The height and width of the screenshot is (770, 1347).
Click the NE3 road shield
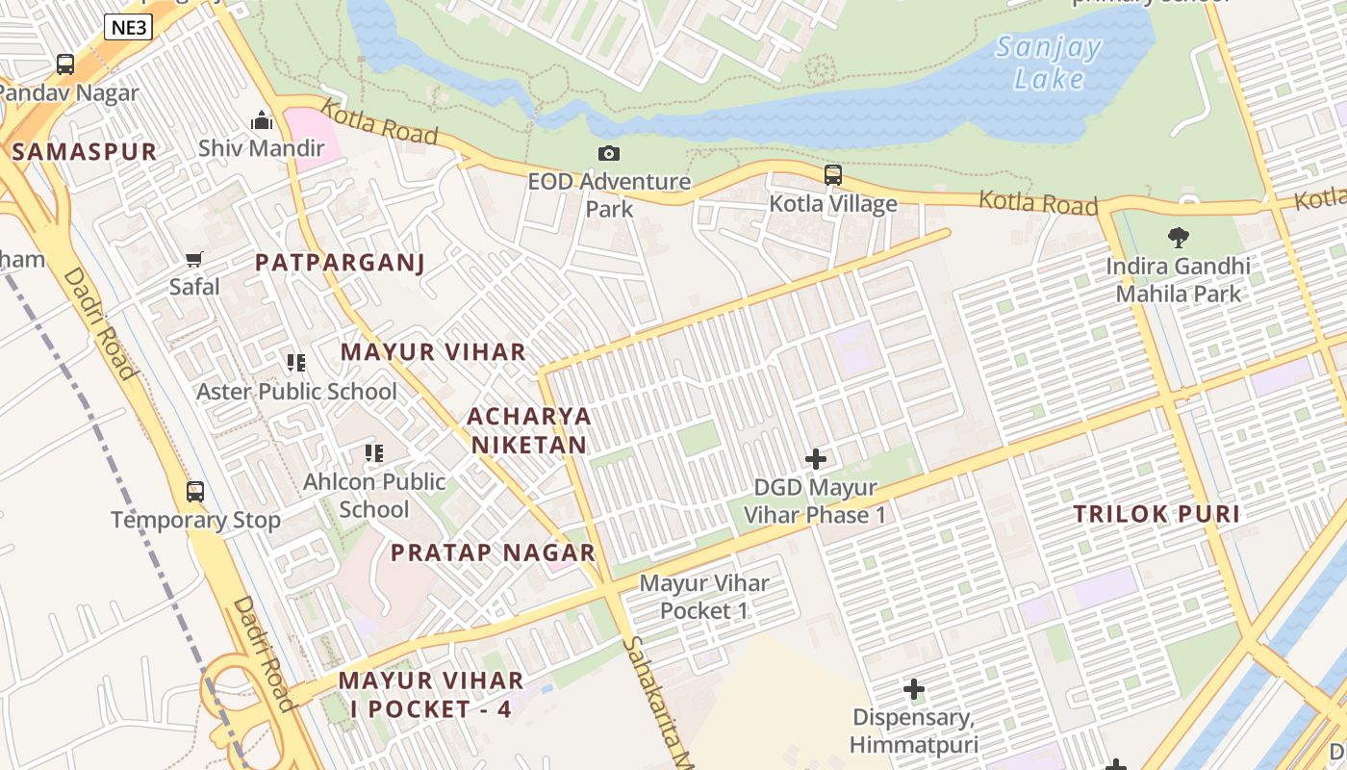point(128,27)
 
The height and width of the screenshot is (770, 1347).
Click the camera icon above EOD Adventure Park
point(608,153)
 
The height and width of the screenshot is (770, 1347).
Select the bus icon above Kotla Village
point(833,175)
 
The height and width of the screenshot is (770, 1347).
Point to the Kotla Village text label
point(833,204)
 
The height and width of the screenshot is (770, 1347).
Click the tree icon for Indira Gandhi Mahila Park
point(1178,237)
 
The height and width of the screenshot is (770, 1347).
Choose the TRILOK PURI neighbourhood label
point(1156,514)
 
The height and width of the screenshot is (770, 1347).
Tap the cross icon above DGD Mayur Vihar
point(816,459)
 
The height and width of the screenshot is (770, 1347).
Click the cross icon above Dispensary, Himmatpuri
point(914,689)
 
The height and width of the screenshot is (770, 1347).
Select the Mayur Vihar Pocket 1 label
point(704,597)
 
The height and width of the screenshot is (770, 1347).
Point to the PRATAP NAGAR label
point(493,553)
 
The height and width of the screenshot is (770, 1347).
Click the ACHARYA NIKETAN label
point(528,430)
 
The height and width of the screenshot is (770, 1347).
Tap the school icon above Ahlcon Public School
point(373,452)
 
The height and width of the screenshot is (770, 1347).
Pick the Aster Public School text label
point(296,392)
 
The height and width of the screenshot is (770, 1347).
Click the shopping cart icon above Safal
point(194,259)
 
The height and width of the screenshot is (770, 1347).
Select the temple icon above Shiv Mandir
point(262,121)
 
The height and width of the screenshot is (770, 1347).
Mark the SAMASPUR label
point(85,152)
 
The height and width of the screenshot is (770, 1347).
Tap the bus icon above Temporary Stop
point(195,492)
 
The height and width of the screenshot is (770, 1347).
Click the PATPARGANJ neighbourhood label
point(340,263)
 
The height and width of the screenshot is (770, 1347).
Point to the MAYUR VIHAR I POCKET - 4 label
point(431,695)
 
